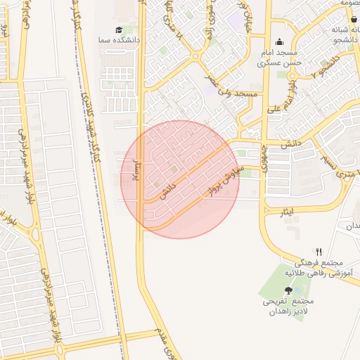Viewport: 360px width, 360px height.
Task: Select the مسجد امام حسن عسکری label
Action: click(280, 58)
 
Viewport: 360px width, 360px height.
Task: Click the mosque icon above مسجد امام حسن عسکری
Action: click(280, 41)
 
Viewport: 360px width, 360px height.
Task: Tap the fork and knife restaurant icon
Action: click(319, 251)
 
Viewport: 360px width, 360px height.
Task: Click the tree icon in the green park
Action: click(288, 290)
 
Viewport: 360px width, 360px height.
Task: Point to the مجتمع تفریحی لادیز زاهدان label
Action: click(288, 307)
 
